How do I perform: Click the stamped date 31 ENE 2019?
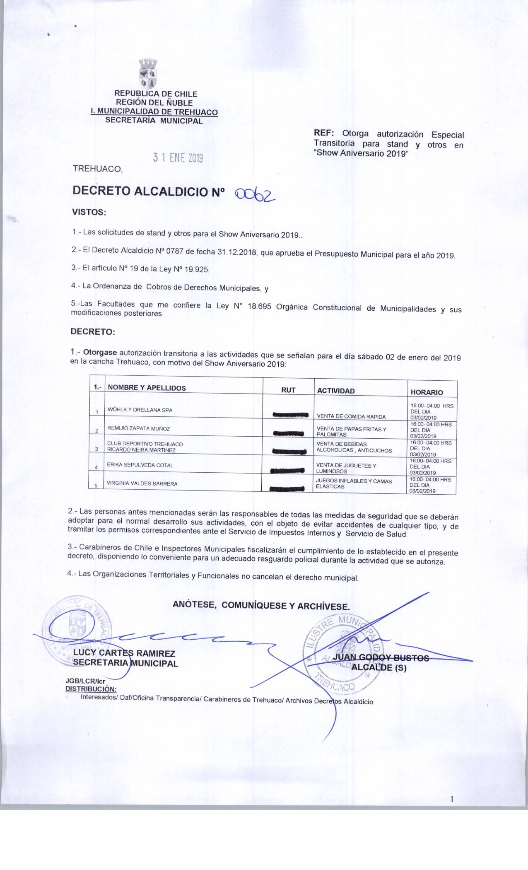coord(178,158)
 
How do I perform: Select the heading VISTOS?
coord(89,213)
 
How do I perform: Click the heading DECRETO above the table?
coord(93,332)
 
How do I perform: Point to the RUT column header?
coord(288,390)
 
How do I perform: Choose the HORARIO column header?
coord(427,392)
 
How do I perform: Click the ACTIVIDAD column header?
coord(336,391)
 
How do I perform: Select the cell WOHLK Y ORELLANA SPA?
coord(140,410)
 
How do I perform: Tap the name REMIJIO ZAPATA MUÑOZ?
coord(138,428)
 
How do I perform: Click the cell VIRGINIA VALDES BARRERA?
coord(142,483)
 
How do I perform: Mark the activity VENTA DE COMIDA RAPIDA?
coord(351,417)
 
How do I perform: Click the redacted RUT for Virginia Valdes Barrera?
coord(288,489)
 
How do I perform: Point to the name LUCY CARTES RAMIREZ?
coord(124,654)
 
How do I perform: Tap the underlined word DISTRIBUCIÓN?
coord(91,689)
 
